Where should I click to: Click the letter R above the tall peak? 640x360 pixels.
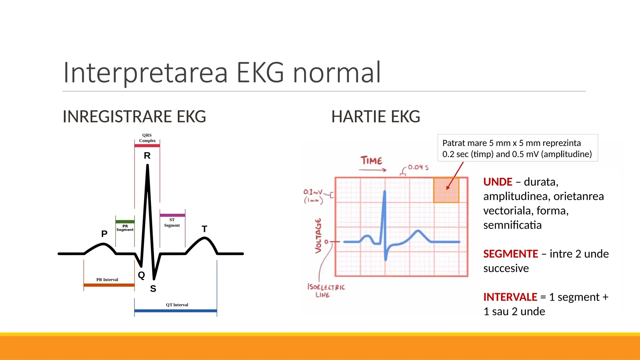[147, 156]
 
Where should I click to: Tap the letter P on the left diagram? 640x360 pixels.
[104, 234]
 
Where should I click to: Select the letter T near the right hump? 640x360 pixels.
[204, 229]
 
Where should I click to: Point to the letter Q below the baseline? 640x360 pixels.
[141, 275]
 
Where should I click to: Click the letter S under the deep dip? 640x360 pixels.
[153, 288]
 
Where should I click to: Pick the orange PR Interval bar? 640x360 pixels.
[109, 285]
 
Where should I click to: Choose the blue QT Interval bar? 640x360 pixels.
[175, 311]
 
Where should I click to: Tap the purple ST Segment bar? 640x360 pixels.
[172, 215]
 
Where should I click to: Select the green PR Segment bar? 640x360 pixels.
[125, 222]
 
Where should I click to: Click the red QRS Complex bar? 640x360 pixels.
[147, 146]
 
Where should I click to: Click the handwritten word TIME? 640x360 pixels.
[371, 161]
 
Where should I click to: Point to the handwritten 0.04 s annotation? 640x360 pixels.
[418, 167]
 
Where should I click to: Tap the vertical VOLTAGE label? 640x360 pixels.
[318, 236]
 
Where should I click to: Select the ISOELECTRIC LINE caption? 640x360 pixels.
[326, 291]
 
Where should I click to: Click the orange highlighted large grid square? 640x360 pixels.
[446, 190]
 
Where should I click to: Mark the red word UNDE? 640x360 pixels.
[497, 182]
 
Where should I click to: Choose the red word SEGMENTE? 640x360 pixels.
[510, 254]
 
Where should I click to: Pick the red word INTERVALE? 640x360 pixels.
[510, 297]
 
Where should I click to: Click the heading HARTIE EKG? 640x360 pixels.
[375, 117]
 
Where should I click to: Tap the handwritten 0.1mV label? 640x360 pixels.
[312, 192]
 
